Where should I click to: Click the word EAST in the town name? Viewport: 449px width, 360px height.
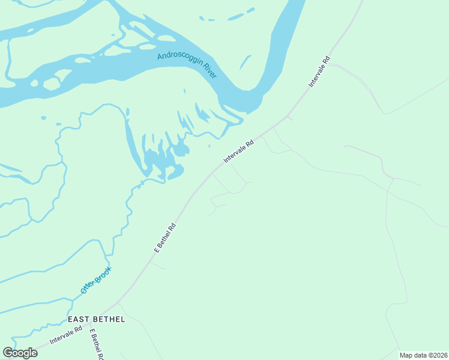point(80,319)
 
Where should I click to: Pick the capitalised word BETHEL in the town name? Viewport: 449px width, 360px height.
point(110,319)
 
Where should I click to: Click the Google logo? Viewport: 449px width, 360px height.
point(20,352)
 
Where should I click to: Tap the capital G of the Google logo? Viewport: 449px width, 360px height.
point(7,352)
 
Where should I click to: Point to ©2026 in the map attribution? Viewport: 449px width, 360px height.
point(437,355)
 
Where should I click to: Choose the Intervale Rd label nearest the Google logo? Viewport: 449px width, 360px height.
point(66,335)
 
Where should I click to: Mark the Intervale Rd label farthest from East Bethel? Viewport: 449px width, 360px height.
point(319,72)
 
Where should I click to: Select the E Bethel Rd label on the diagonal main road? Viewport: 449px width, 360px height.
point(164,238)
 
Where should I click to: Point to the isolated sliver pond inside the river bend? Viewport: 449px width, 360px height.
point(245,62)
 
